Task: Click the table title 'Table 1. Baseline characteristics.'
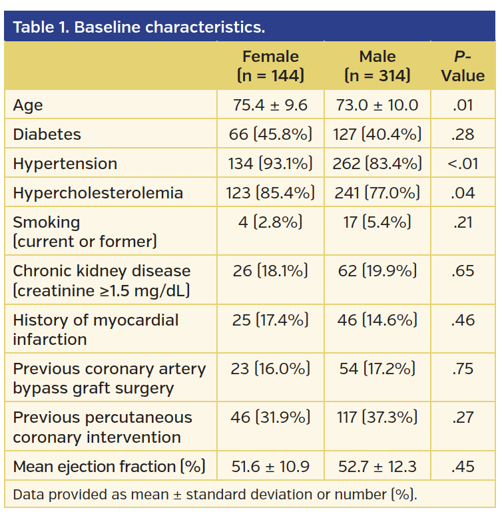coord(138,27)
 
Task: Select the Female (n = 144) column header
coord(270,66)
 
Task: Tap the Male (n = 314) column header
coord(377,66)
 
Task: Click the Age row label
coord(28,105)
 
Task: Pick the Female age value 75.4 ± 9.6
coord(270,105)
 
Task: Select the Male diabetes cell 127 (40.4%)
coord(377,134)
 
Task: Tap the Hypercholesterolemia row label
coord(97,193)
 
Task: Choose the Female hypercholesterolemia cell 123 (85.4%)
coord(270,193)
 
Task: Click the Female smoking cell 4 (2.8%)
coord(270,222)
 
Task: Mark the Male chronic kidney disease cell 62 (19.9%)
coord(377,271)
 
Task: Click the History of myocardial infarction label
coord(96,330)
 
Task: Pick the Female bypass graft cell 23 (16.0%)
coord(270,369)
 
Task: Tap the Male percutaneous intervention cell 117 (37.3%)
coord(377,417)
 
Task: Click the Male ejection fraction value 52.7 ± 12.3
coord(377,467)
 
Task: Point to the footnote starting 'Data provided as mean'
coord(214,495)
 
